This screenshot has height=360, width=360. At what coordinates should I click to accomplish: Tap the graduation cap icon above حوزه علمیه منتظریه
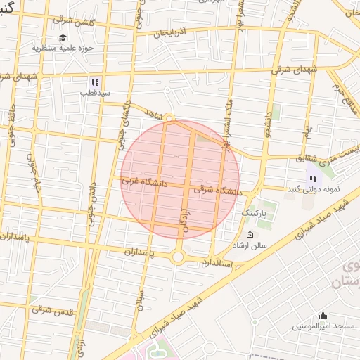tap(63, 38)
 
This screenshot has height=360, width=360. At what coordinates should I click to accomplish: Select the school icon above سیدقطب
tap(95, 82)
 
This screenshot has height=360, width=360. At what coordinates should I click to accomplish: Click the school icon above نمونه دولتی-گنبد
tap(312, 179)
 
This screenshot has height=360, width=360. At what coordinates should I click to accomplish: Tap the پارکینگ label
tap(254, 212)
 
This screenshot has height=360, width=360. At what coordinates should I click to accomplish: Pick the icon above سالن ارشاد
tap(250, 235)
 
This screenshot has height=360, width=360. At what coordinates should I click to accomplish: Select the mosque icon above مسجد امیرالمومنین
tap(323, 316)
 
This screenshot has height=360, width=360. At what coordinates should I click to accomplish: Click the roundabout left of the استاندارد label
tap(177, 257)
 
